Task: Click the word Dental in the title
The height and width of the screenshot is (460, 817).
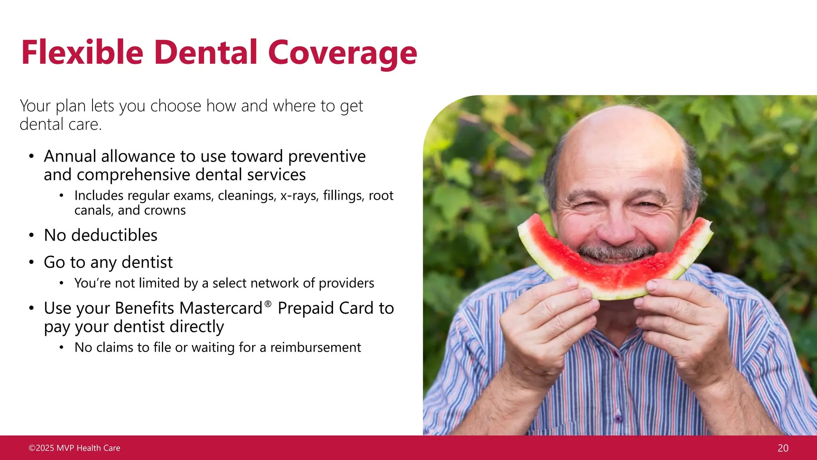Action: point(205,53)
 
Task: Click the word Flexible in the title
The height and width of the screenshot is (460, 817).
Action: point(82,53)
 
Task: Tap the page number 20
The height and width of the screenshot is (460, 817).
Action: point(783,448)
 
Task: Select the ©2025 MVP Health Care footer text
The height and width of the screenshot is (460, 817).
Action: point(75,448)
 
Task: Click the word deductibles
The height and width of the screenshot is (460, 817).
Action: point(114,235)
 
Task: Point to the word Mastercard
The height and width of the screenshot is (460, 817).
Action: point(221,308)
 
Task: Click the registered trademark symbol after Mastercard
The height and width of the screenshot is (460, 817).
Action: point(268,304)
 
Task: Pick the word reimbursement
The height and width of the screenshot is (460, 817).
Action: point(316,347)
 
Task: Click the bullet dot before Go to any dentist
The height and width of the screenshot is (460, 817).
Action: point(32,262)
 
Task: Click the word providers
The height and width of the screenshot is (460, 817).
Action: point(346,283)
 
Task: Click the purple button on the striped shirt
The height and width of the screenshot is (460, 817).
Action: point(618,419)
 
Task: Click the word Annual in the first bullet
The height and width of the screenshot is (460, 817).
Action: point(70,156)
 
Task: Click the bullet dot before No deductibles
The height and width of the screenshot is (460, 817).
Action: point(32,235)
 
